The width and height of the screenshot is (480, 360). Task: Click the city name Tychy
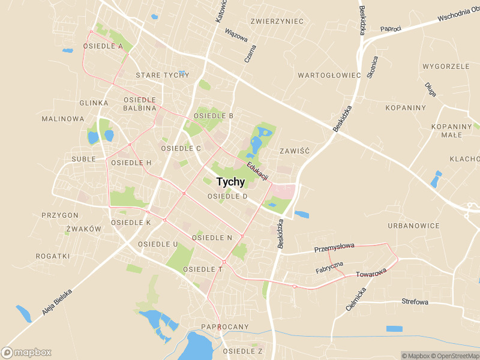(230, 182)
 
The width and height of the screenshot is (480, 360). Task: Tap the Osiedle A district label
(103, 46)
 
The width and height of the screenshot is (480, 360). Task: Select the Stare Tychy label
(162, 75)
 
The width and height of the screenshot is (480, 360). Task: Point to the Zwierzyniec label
(277, 22)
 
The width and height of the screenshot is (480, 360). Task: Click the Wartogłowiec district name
(329, 76)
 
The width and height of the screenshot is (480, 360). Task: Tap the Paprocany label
(225, 327)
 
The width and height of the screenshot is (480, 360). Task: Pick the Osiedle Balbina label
(140, 104)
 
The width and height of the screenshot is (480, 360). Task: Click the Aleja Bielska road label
(57, 302)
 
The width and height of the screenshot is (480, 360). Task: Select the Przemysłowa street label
(334, 248)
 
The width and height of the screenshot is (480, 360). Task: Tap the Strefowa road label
(415, 302)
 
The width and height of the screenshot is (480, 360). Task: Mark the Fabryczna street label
(329, 267)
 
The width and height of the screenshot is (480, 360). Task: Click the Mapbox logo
(26, 353)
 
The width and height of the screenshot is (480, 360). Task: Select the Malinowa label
(63, 119)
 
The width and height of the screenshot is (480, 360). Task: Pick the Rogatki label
(53, 256)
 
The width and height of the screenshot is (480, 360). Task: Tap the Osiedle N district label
(212, 238)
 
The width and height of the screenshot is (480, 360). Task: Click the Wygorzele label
(446, 67)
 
